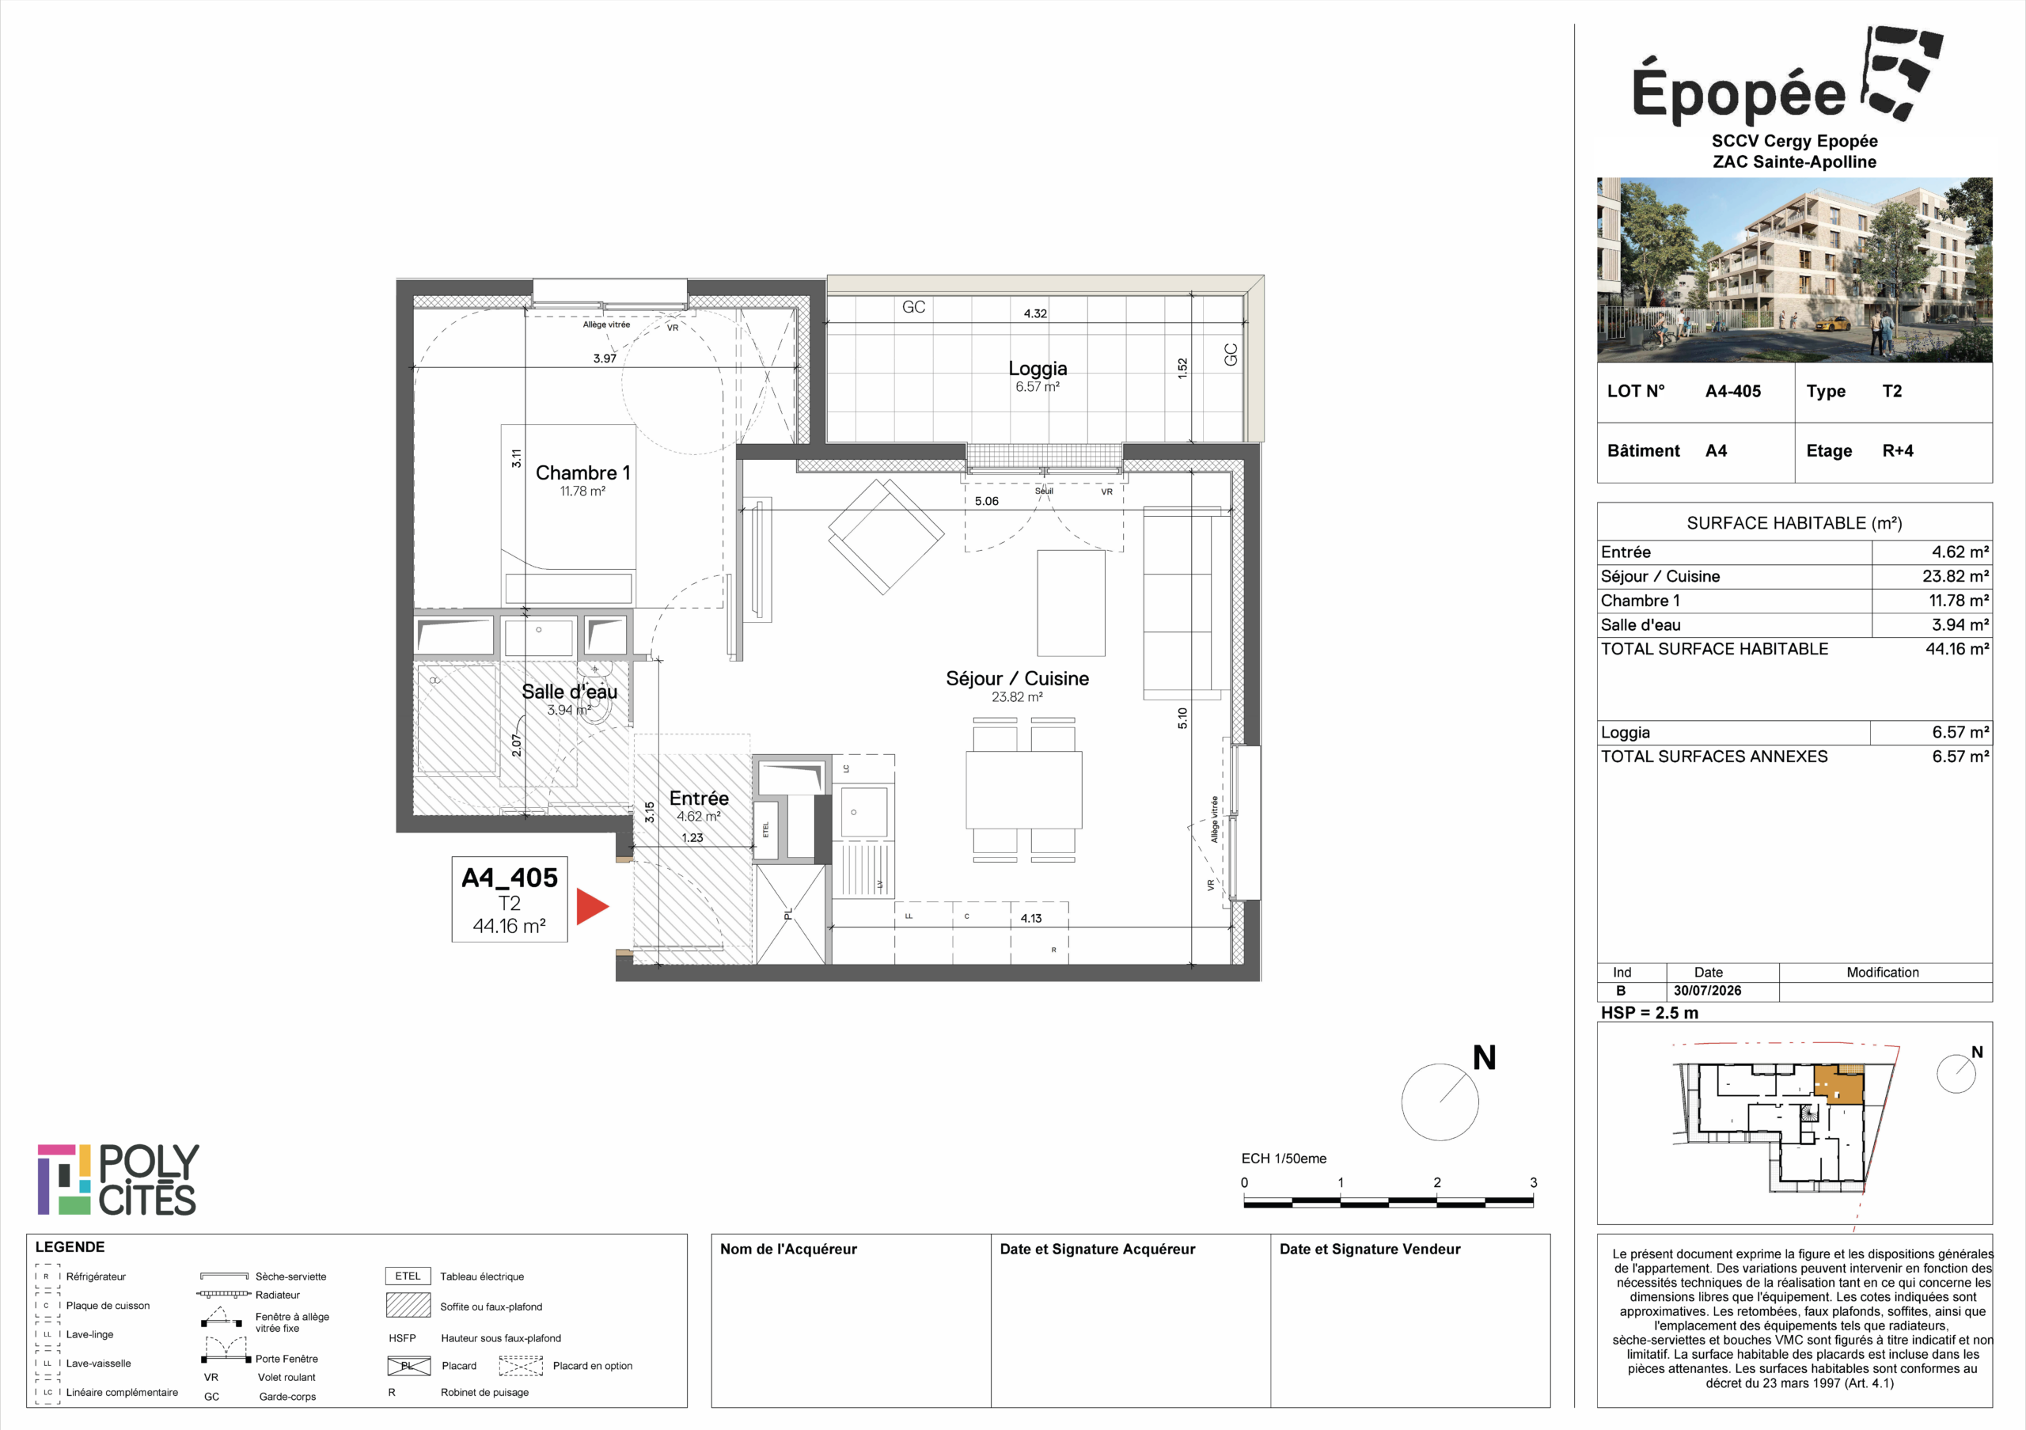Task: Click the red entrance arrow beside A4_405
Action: click(x=591, y=906)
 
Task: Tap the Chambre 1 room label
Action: click(x=583, y=473)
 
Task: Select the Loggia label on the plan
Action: click(x=1038, y=368)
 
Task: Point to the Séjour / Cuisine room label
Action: click(x=1018, y=678)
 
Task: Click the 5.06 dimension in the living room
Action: click(x=987, y=501)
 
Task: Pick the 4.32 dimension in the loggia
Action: click(x=1035, y=313)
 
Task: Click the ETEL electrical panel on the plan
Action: click(x=765, y=829)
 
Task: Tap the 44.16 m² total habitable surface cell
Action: click(x=1956, y=648)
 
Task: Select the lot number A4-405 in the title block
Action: click(x=1732, y=391)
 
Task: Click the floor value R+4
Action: click(x=1897, y=451)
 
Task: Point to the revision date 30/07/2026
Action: click(x=1707, y=991)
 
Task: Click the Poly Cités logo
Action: click(x=117, y=1179)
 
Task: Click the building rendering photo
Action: click(x=1794, y=270)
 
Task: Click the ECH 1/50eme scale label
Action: click(x=1283, y=1159)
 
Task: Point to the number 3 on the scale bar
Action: click(x=1533, y=1182)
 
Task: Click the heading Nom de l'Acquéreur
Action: click(x=788, y=1249)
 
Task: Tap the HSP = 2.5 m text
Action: click(x=1649, y=1013)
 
